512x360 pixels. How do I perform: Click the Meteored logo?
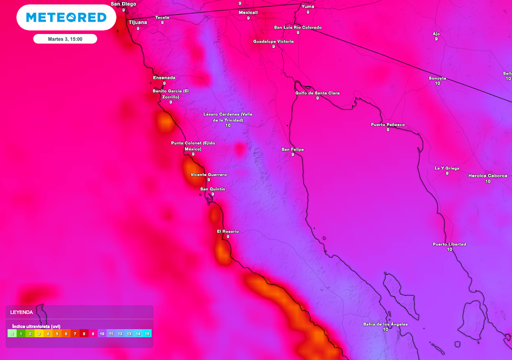pos(66,17)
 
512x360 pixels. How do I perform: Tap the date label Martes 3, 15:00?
pos(65,39)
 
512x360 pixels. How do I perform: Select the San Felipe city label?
pos(292,149)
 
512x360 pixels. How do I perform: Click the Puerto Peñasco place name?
pos(387,124)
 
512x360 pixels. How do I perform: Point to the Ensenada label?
pos(164,78)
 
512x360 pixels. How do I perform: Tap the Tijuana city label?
pos(138,22)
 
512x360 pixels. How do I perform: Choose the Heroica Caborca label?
pos(487,176)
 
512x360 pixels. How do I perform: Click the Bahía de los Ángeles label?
pos(385,324)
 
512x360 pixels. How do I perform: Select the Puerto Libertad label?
pos(449,244)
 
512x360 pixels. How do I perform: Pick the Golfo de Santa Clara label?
pos(317,93)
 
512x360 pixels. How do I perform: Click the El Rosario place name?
pos(227,231)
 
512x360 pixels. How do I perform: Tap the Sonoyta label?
pos(437,78)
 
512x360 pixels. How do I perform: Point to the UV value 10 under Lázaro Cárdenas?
pos(228,125)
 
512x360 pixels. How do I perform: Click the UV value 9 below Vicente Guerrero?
pos(208,179)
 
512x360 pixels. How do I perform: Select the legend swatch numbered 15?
pos(147,333)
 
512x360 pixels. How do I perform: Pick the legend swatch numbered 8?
pos(84,333)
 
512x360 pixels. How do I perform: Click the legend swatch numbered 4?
pos(48,333)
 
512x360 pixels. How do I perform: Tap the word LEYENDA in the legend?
pos(21,312)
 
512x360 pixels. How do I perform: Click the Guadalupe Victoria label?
pos(273,41)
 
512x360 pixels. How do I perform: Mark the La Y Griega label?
pos(447,168)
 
